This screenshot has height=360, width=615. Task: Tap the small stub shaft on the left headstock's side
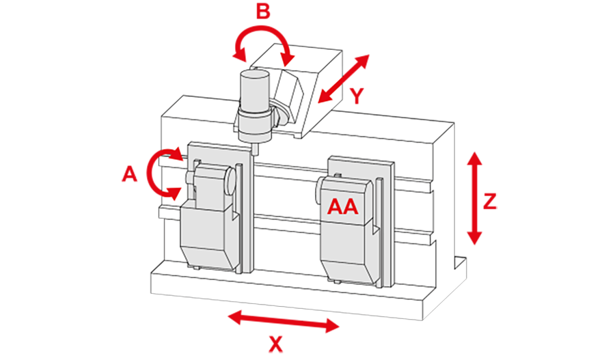[x=187, y=177]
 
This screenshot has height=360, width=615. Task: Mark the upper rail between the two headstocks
[x=287, y=176]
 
